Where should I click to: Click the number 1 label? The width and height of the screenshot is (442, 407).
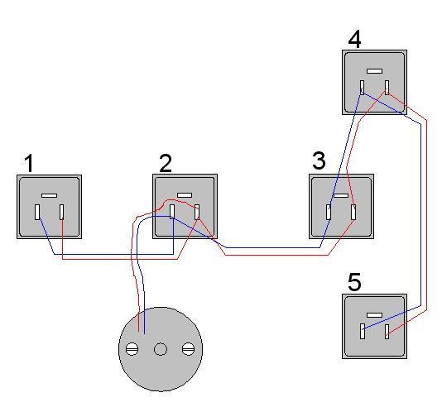(x=29, y=163)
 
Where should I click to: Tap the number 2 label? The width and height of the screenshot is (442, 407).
(x=166, y=163)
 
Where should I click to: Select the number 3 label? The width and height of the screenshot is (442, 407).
(x=319, y=160)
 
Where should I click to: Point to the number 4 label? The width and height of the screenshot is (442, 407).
(x=354, y=39)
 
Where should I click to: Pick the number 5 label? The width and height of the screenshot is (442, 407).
(x=354, y=281)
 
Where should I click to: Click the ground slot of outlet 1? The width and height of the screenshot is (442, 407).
(x=50, y=195)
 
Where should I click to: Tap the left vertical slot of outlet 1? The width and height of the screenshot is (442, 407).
(x=37, y=212)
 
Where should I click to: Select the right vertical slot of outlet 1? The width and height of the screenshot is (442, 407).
(x=62, y=212)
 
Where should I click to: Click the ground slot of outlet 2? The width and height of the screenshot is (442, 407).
(x=185, y=195)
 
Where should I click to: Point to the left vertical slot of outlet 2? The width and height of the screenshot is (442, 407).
(x=172, y=212)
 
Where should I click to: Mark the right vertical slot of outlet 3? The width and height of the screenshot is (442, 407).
(x=353, y=212)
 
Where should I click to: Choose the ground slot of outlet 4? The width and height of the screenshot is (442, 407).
(x=375, y=71)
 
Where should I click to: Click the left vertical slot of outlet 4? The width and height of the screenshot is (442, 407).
(x=362, y=88)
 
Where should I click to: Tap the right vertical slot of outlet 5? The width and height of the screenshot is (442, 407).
(x=387, y=332)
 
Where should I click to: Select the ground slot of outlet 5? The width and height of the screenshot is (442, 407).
(x=375, y=315)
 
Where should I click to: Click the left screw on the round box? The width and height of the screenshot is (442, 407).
(x=132, y=349)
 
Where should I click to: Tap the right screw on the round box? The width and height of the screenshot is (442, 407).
(x=188, y=349)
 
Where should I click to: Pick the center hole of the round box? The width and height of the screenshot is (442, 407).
(x=161, y=349)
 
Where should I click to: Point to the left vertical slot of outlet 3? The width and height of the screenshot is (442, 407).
(x=329, y=212)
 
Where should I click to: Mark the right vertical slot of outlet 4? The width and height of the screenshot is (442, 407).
(x=387, y=88)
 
